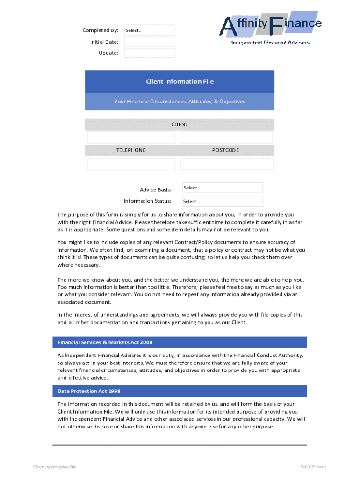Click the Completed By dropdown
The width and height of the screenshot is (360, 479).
pyautogui.click(x=150, y=30)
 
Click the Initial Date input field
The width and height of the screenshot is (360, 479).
pyautogui.click(x=150, y=42)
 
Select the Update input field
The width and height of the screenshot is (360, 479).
pyautogui.click(x=150, y=53)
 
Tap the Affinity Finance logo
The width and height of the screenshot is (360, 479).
pyautogui.click(x=271, y=27)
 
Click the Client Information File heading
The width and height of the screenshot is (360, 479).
pyautogui.click(x=180, y=81)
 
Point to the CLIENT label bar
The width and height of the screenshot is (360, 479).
pyautogui.click(x=180, y=124)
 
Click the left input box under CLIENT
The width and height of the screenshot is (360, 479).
pyautogui.click(x=131, y=138)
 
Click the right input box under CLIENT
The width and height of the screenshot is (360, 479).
pyautogui.click(x=226, y=138)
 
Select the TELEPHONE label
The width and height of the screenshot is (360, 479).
pyautogui.click(x=131, y=150)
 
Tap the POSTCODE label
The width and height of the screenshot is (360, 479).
pyautogui.click(x=225, y=150)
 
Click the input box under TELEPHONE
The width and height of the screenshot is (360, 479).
pyautogui.click(x=131, y=164)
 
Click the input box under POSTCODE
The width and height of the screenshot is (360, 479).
pyautogui.click(x=226, y=164)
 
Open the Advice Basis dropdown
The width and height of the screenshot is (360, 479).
pyautogui.click(x=222, y=188)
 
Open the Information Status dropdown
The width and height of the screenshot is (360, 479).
pyautogui.click(x=222, y=201)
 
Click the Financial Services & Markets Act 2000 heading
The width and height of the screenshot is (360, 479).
pyautogui.click(x=105, y=342)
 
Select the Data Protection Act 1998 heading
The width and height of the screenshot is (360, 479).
pyautogui.click(x=89, y=391)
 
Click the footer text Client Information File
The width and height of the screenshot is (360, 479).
pyautogui.click(x=55, y=467)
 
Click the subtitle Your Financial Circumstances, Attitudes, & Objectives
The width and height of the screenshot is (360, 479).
pyautogui.click(x=180, y=102)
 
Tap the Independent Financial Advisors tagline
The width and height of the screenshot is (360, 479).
pyautogui.click(x=270, y=43)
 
